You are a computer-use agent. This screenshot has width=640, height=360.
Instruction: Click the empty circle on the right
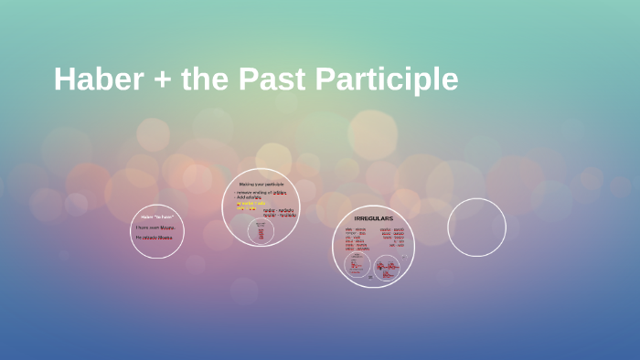point(476,228)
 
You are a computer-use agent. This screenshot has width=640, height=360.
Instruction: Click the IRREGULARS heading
point(373,219)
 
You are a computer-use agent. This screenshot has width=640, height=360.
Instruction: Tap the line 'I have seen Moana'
point(155,228)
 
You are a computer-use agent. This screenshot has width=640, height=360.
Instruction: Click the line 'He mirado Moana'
point(155,238)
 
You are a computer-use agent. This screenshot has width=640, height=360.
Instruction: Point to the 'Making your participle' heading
point(261,185)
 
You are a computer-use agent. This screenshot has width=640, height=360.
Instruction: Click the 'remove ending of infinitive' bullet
point(261,193)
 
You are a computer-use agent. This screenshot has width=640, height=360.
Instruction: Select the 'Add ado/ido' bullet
point(250,198)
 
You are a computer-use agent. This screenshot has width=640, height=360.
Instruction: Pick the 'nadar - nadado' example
point(279,210)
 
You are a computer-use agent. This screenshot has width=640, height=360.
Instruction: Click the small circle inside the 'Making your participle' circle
point(261,231)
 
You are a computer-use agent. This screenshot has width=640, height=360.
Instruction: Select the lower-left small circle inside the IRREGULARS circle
point(357,265)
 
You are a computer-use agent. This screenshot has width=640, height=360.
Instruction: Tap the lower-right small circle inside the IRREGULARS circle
point(387,268)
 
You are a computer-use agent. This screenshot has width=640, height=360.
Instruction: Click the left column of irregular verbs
point(356,238)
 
